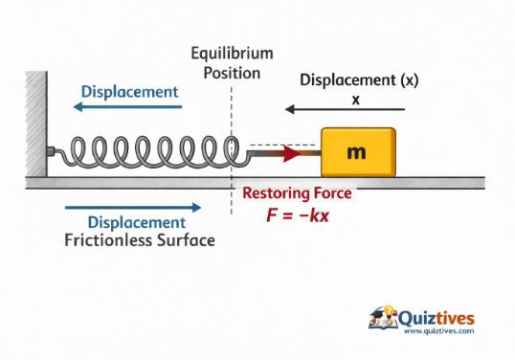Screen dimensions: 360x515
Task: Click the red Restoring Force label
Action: pyautogui.click(x=297, y=193)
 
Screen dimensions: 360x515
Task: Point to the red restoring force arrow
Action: pyautogui.click(x=286, y=152)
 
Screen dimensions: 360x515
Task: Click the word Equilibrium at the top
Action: pyautogui.click(x=232, y=53)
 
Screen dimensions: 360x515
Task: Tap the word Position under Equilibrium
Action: pyautogui.click(x=232, y=72)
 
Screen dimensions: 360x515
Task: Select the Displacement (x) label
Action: pyautogui.click(x=359, y=80)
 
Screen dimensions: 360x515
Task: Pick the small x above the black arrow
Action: pyautogui.click(x=356, y=98)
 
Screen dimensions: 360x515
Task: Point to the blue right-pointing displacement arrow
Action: pyautogui.click(x=133, y=206)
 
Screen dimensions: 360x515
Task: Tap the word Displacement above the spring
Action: pyautogui.click(x=130, y=91)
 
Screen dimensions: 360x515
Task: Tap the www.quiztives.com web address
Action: pyautogui.click(x=439, y=331)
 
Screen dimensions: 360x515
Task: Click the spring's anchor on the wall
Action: pyautogui.click(x=51, y=152)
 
